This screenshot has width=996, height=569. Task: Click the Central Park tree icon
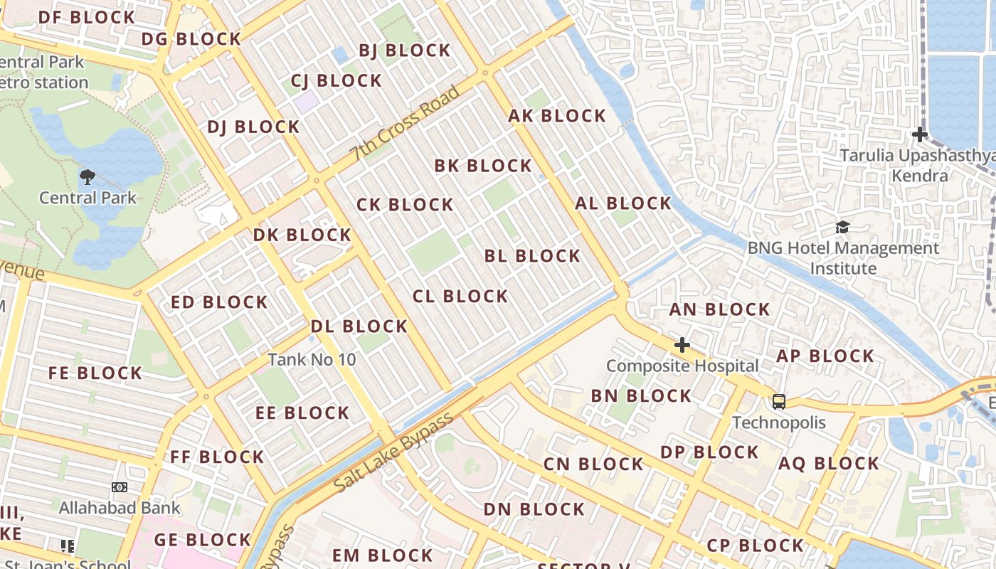(x=88, y=176)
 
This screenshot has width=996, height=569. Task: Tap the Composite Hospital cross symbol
(x=682, y=345)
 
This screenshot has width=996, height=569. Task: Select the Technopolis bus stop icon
(x=779, y=402)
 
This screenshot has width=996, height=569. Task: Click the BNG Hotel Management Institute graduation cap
(x=843, y=228)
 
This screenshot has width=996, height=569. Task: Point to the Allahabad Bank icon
(x=120, y=487)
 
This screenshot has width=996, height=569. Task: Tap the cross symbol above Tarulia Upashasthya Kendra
(x=920, y=134)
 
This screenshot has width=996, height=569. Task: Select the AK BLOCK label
(x=557, y=116)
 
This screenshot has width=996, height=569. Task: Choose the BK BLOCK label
(x=483, y=166)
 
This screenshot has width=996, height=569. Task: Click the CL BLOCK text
(x=460, y=296)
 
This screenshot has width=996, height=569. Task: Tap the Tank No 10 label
(x=312, y=360)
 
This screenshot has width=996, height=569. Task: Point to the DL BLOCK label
(x=359, y=326)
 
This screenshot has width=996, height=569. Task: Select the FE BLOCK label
(x=95, y=373)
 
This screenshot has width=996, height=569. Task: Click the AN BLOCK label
(x=719, y=309)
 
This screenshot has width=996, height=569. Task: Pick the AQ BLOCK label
(x=829, y=464)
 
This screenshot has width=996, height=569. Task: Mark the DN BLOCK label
(x=534, y=509)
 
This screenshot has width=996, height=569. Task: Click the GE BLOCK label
(x=203, y=540)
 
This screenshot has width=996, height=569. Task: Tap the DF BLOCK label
(x=86, y=17)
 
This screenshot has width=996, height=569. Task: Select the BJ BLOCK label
(x=404, y=50)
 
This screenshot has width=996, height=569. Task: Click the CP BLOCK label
(x=755, y=546)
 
